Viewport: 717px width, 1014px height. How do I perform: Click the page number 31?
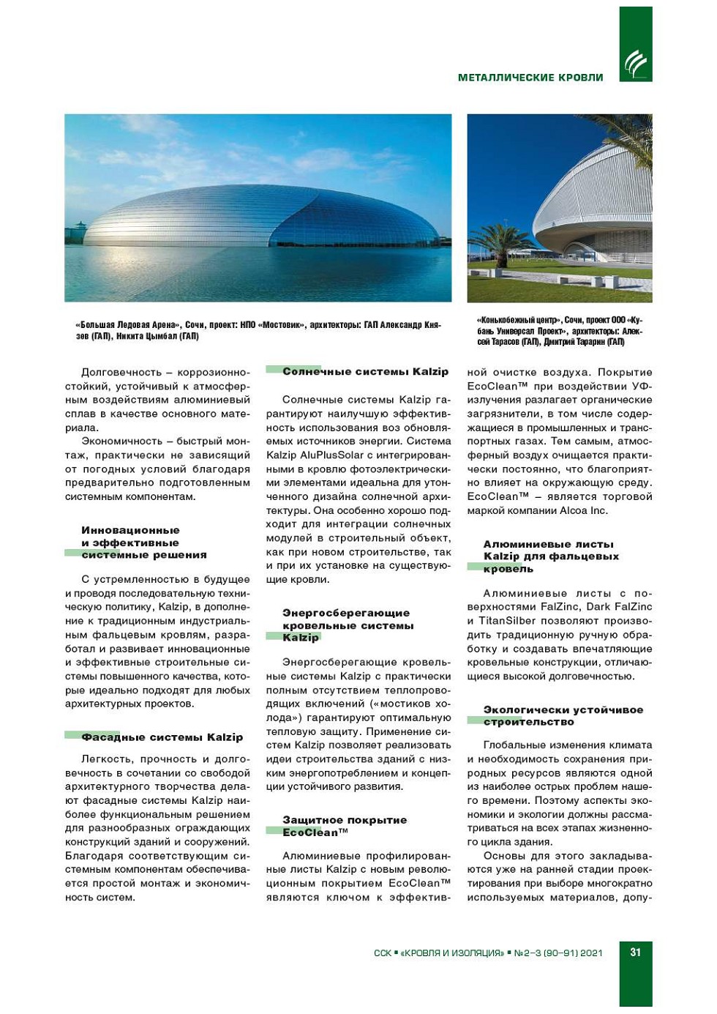(x=635, y=952)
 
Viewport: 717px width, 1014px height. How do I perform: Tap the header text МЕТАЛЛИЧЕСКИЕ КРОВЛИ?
(x=530, y=78)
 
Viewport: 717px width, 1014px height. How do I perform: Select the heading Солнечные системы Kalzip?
(x=365, y=372)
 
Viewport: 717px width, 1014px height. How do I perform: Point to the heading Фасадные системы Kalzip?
(x=162, y=737)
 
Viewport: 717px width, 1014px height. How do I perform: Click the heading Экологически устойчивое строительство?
(x=563, y=716)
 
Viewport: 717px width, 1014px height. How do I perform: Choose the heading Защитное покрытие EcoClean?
(x=344, y=827)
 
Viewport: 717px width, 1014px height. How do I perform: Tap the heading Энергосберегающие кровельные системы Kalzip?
(x=347, y=625)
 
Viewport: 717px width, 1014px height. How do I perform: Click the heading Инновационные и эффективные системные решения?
(x=143, y=543)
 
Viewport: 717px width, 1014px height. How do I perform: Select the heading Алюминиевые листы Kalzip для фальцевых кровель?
(x=550, y=556)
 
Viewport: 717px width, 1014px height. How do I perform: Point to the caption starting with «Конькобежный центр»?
(x=560, y=331)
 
